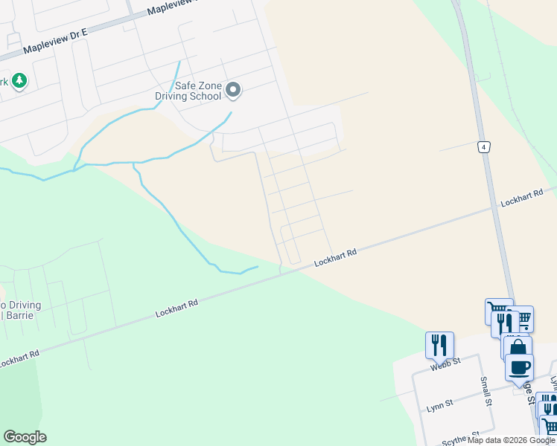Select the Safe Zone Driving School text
pos(188,91)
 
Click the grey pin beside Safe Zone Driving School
pos(233,90)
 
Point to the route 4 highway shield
pos(484,147)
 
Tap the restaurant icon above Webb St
pos(439,344)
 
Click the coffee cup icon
pos(519,366)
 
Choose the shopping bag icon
pos(518,347)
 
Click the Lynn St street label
pos(441,405)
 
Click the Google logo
pos(25,437)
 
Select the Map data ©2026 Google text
pos(510,440)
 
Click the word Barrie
pos(24,316)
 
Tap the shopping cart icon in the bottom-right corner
pos(550,426)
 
